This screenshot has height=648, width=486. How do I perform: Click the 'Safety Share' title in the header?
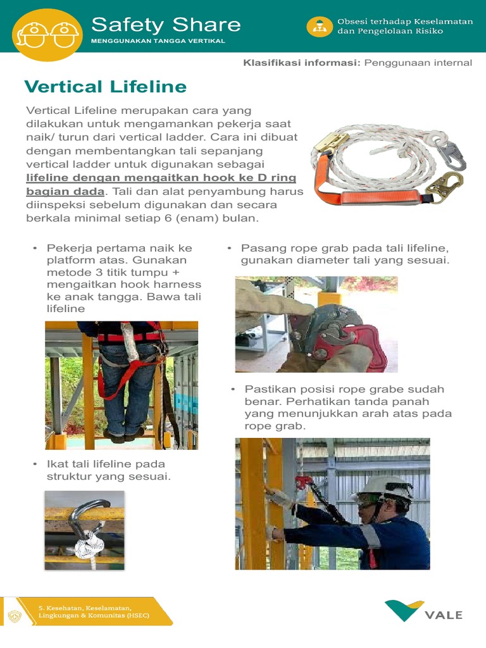coord(166,25)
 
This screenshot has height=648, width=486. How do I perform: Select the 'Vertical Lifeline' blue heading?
coord(105,87)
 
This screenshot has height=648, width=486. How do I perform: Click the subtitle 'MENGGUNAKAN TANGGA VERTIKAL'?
coord(158,41)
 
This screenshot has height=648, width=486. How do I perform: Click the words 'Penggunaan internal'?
coord(418,63)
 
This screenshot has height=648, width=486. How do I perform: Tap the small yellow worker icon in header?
coord(320,27)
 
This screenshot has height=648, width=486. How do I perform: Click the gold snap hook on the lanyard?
coord(444,185)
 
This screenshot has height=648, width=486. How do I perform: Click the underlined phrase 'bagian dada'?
coord(65,191)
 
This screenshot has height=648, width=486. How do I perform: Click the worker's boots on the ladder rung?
coord(124,435)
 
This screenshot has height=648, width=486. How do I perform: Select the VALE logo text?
coord(443,615)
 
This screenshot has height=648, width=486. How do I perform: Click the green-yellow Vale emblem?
coord(404,611)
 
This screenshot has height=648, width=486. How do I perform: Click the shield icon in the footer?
coord(14,616)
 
